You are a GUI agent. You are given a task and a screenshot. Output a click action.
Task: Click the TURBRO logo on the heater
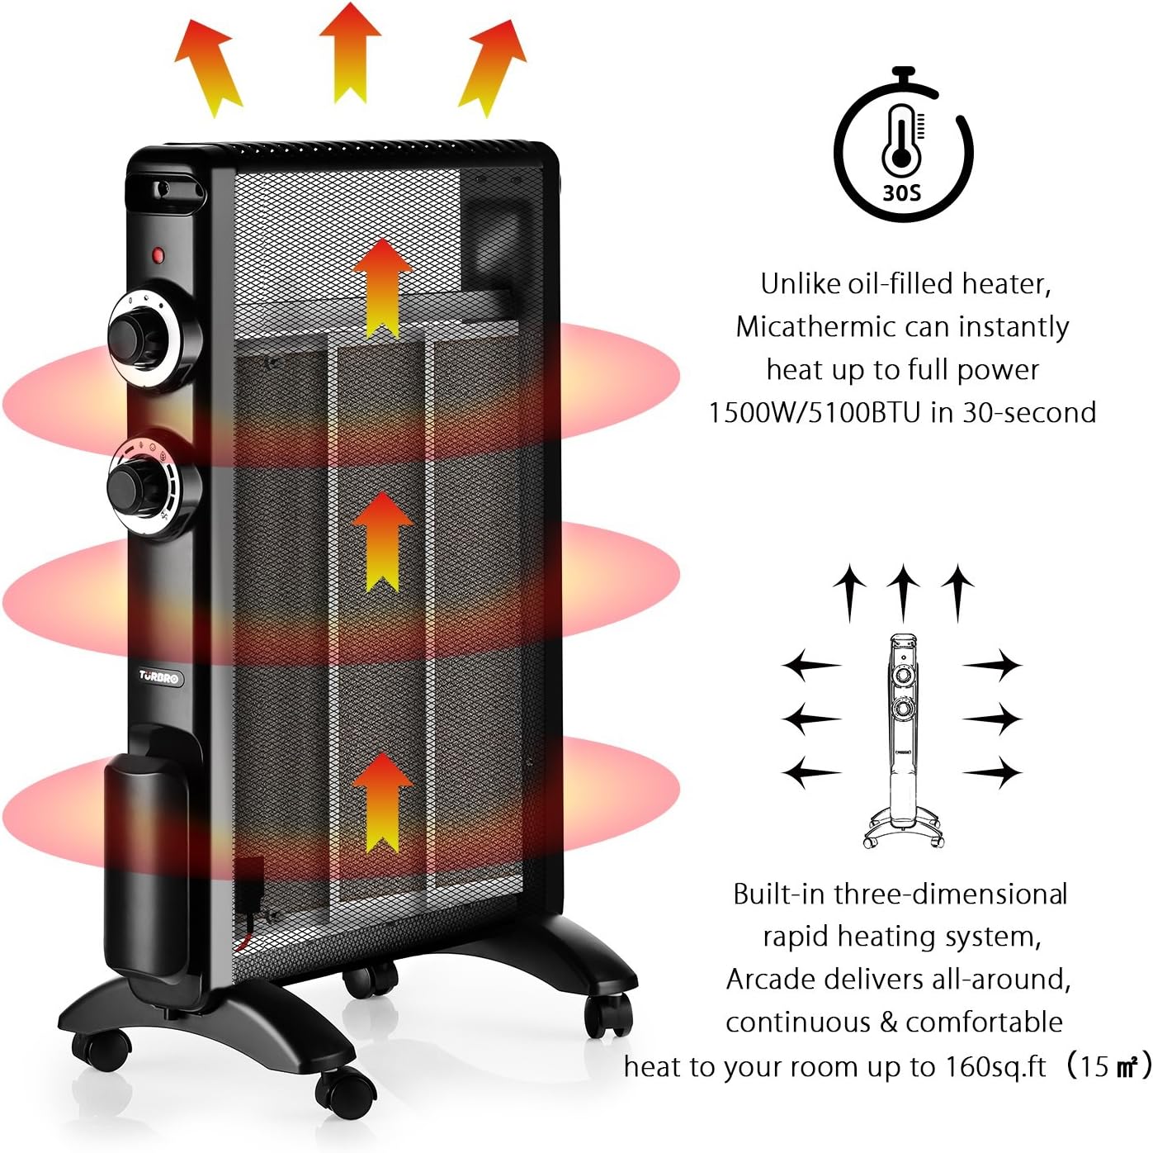pyautogui.click(x=158, y=677)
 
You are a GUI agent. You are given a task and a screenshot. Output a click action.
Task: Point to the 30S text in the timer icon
pyautogui.click(x=901, y=193)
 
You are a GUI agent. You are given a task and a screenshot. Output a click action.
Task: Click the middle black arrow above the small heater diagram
pyautogui.click(x=904, y=591)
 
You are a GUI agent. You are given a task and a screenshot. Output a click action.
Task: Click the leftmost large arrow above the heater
pyautogui.click(x=208, y=66)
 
